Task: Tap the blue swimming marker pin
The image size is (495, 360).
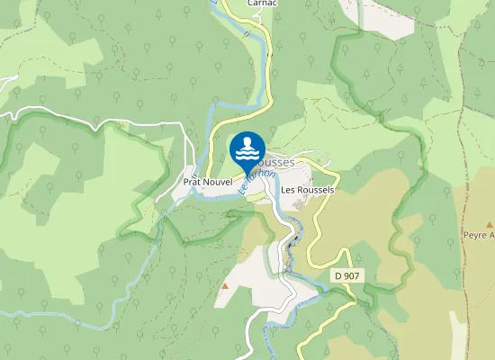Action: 247,151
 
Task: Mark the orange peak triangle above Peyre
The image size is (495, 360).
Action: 490,224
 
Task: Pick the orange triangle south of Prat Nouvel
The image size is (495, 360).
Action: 225,286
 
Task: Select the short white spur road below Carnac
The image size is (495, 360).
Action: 259,16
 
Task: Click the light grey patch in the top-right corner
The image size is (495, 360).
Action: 378,18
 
